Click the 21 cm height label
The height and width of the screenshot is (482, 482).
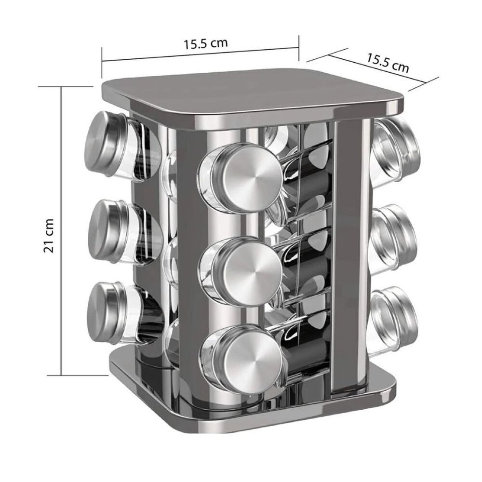point(49,236)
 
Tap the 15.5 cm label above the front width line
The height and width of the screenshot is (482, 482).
point(206,44)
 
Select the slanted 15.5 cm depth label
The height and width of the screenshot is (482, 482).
point(388,63)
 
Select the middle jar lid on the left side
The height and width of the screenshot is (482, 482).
point(107,231)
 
